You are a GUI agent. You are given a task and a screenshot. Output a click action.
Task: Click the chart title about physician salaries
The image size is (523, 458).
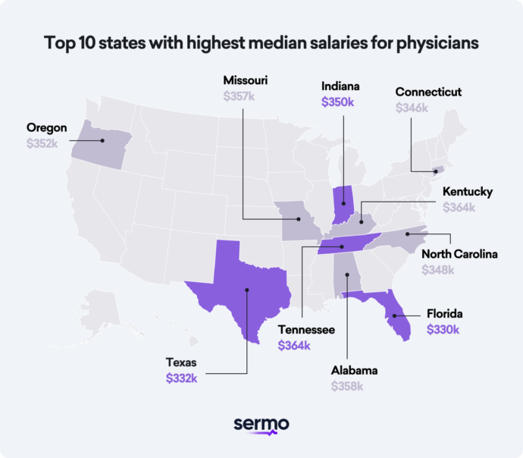pos(261,43)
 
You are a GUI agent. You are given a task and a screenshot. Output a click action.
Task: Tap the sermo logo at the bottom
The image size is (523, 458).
pos(261,425)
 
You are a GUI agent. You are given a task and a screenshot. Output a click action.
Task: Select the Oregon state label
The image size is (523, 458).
pos(47,127)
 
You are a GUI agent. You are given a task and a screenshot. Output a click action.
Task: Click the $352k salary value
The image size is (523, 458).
pos(42,143)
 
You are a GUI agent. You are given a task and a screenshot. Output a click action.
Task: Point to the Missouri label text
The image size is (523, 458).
pos(246,81)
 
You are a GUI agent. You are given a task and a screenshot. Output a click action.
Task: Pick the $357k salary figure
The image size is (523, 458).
pos(240,96)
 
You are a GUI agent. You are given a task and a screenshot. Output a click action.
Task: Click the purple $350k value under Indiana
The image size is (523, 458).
pos(337,101)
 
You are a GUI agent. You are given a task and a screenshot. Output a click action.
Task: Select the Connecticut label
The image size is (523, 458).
pos(428,93)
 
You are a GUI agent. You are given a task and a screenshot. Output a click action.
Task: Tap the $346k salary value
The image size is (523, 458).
pos(412,108)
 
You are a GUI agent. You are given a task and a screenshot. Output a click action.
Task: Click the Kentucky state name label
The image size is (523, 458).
pos(468,192)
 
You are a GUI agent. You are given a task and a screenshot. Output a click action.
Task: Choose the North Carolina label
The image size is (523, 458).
pos(459,254)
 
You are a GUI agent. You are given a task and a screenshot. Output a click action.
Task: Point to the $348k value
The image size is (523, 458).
pos(438,269)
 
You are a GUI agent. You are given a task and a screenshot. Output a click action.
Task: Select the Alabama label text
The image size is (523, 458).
pos(354,371)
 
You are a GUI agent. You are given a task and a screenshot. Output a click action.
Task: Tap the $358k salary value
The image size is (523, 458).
pos(347,386)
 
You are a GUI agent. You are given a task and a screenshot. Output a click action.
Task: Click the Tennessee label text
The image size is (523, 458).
pos(306,330)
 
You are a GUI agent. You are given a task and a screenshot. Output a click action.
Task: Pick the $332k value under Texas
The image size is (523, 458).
pos(182,378)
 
